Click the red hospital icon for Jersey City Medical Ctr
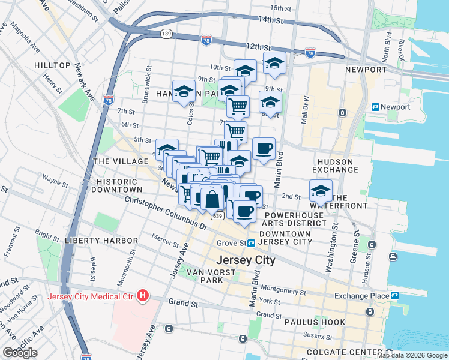(x=143, y=296)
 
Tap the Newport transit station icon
(x=376, y=107)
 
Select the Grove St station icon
(x=252, y=243)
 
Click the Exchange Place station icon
(x=395, y=296)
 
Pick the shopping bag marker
(x=212, y=199)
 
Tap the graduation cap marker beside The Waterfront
(x=321, y=191)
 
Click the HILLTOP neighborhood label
(x=52, y=65)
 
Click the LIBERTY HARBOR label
(x=102, y=241)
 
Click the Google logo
(x=20, y=353)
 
